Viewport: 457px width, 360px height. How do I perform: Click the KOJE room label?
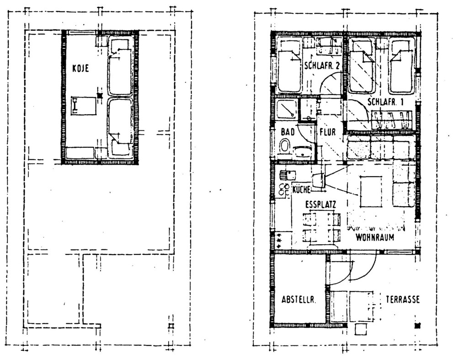(x=80, y=68)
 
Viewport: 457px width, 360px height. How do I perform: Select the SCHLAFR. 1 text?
(x=385, y=102)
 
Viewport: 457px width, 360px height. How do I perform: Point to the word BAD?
(x=288, y=132)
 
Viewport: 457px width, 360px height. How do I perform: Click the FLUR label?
(x=328, y=132)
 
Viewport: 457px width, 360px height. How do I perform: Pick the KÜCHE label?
(x=302, y=188)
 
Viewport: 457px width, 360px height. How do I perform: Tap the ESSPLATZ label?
(x=321, y=205)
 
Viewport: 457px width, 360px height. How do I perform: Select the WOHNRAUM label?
(x=375, y=237)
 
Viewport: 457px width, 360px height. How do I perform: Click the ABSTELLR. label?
(x=299, y=300)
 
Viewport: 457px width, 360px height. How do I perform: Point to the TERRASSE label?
(x=403, y=300)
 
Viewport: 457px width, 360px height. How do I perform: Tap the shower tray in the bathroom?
(x=287, y=110)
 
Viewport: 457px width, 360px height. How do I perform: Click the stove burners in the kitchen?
(x=283, y=188)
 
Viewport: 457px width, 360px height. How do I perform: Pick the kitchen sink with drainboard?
(x=287, y=174)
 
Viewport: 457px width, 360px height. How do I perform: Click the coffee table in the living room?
(x=371, y=192)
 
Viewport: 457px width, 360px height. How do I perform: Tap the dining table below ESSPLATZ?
(x=322, y=227)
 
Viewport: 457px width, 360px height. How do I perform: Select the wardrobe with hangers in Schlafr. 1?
(x=391, y=120)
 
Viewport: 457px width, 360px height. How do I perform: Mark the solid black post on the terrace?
(x=417, y=325)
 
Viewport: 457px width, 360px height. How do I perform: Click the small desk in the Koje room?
(x=83, y=106)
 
